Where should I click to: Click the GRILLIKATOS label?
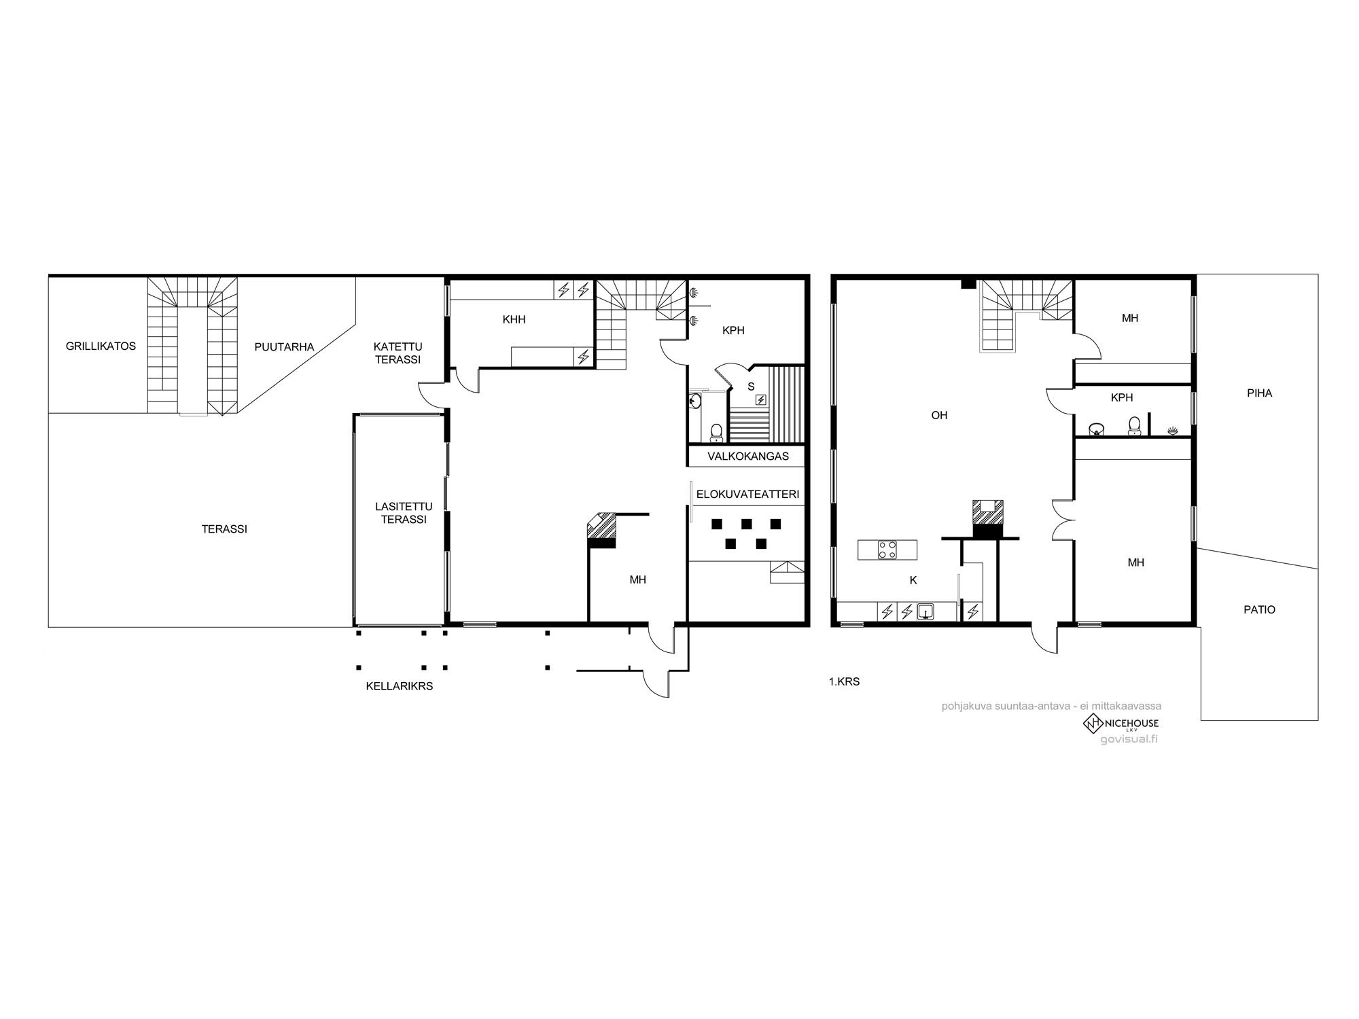pyautogui.click(x=101, y=346)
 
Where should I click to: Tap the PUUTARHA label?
pyautogui.click(x=284, y=347)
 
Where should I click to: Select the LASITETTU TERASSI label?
pyautogui.click(x=404, y=513)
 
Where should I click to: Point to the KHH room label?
pyautogui.click(x=514, y=319)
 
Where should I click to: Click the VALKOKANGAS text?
pyautogui.click(x=748, y=457)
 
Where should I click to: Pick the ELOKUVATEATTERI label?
pyautogui.click(x=747, y=495)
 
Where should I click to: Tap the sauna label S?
pyautogui.click(x=751, y=387)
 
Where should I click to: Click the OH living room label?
pyautogui.click(x=939, y=415)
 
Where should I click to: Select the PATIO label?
pyautogui.click(x=1259, y=610)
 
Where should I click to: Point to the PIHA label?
pyautogui.click(x=1259, y=393)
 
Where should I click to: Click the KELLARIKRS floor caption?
pyautogui.click(x=400, y=686)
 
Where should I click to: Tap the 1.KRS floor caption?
pyautogui.click(x=844, y=681)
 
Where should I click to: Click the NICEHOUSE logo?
pyautogui.click(x=1120, y=724)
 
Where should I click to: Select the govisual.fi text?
pyautogui.click(x=1129, y=739)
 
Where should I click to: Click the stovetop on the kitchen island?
pyautogui.click(x=887, y=550)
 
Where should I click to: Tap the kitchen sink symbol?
pyautogui.click(x=925, y=612)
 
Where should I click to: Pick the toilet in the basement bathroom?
pyautogui.click(x=716, y=431)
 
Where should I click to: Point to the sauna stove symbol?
pyautogui.click(x=761, y=399)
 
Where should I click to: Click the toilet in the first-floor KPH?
pyautogui.click(x=1133, y=426)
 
